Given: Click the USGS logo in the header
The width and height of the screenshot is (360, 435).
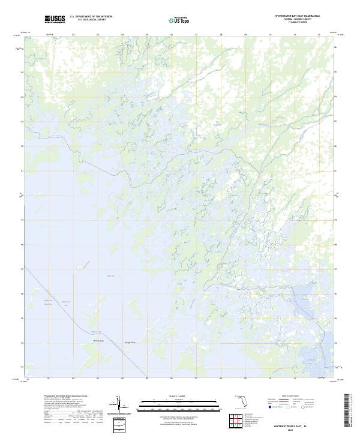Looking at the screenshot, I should [55, 19].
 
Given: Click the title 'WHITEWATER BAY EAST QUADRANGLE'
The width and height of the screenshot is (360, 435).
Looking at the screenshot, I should [297, 15].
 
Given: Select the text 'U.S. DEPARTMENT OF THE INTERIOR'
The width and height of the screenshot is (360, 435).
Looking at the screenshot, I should [91, 17].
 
